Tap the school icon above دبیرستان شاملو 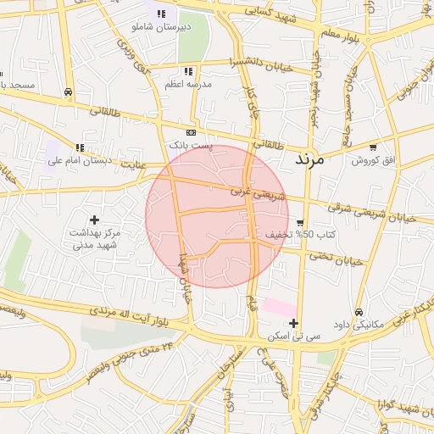click(x=161, y=14)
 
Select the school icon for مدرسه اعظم click(x=187, y=72)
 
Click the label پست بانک click(x=191, y=146)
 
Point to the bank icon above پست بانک click(x=191, y=133)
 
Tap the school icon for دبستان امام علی click(x=80, y=147)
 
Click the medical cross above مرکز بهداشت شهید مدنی click(x=94, y=220)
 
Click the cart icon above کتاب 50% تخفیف click(x=300, y=222)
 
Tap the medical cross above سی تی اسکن click(x=293, y=322)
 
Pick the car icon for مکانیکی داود click(x=359, y=312)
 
